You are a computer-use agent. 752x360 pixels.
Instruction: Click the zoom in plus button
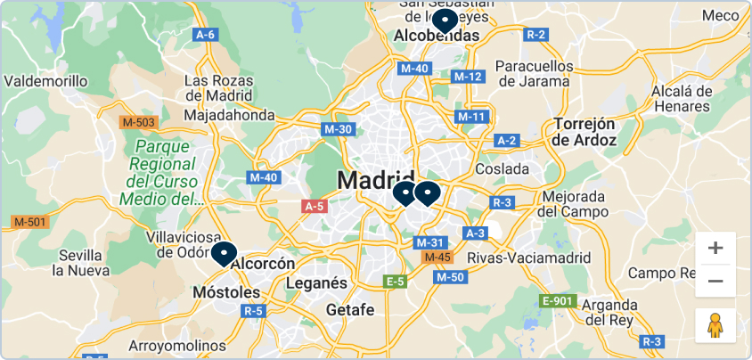point(715,248)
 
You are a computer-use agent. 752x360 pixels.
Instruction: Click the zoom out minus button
point(715,282)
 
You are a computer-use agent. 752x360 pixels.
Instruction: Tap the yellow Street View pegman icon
point(715,326)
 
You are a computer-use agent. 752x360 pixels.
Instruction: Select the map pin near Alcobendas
point(444,20)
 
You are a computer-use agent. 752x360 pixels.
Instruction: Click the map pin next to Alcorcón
point(223,254)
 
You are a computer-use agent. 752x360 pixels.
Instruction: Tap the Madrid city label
point(375,180)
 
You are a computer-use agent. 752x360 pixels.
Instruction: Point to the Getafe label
point(350,310)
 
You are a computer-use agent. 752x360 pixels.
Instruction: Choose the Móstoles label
point(226,292)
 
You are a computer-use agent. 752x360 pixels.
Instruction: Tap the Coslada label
point(502,168)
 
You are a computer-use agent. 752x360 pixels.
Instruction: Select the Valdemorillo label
point(46,81)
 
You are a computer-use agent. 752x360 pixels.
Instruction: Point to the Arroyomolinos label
point(177,345)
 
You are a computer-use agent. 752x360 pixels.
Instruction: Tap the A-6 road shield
point(205,35)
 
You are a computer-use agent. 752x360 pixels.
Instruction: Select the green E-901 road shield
point(557,301)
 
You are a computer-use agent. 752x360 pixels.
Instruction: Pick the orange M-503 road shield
point(139,122)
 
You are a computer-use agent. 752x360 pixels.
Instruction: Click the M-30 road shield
point(339,129)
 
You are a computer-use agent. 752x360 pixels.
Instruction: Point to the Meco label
point(720,15)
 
